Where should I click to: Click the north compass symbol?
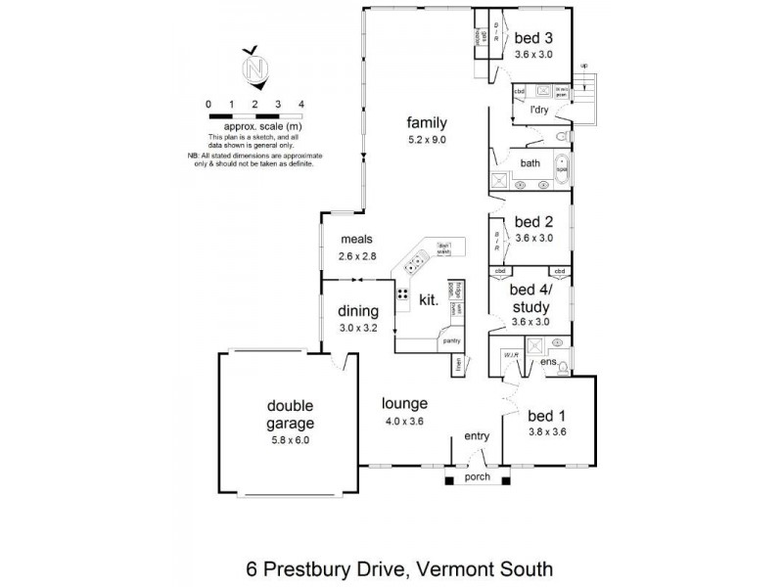(256, 68)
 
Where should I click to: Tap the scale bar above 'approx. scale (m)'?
(254, 115)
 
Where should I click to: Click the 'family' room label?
(427, 123)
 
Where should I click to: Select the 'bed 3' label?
(533, 37)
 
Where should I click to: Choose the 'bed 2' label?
(533, 221)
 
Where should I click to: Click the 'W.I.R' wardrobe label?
(509, 355)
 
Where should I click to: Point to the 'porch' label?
(477, 478)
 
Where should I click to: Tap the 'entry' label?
(477, 436)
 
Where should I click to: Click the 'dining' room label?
(358, 312)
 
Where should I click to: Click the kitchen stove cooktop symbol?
(402, 293)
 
